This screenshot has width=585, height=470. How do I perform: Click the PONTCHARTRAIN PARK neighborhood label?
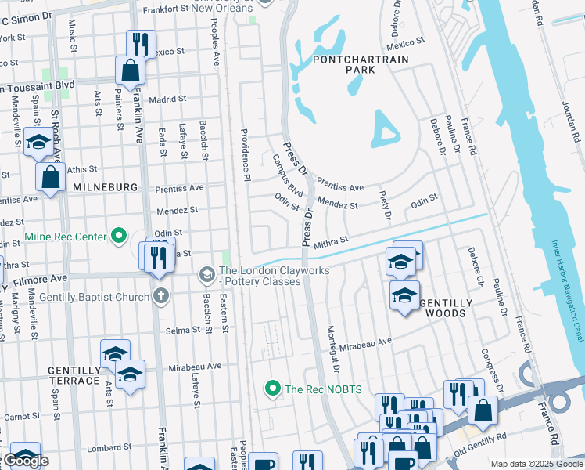[344, 63]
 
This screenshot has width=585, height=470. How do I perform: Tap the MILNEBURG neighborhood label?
[105, 188]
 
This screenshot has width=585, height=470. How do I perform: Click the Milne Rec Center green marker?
[119, 234]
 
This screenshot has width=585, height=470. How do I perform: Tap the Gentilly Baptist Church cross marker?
[160, 296]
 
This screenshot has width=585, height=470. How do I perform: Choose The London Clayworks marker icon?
[206, 273]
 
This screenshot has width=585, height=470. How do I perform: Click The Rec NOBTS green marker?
[272, 388]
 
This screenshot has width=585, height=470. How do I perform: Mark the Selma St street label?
[183, 330]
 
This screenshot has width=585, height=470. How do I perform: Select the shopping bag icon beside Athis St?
[51, 177]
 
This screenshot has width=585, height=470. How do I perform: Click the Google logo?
[26, 461]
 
